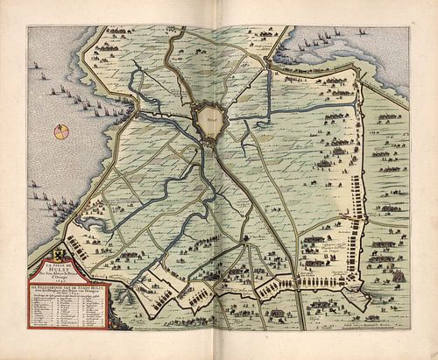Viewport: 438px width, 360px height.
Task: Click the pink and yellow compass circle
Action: coord(60,131)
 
